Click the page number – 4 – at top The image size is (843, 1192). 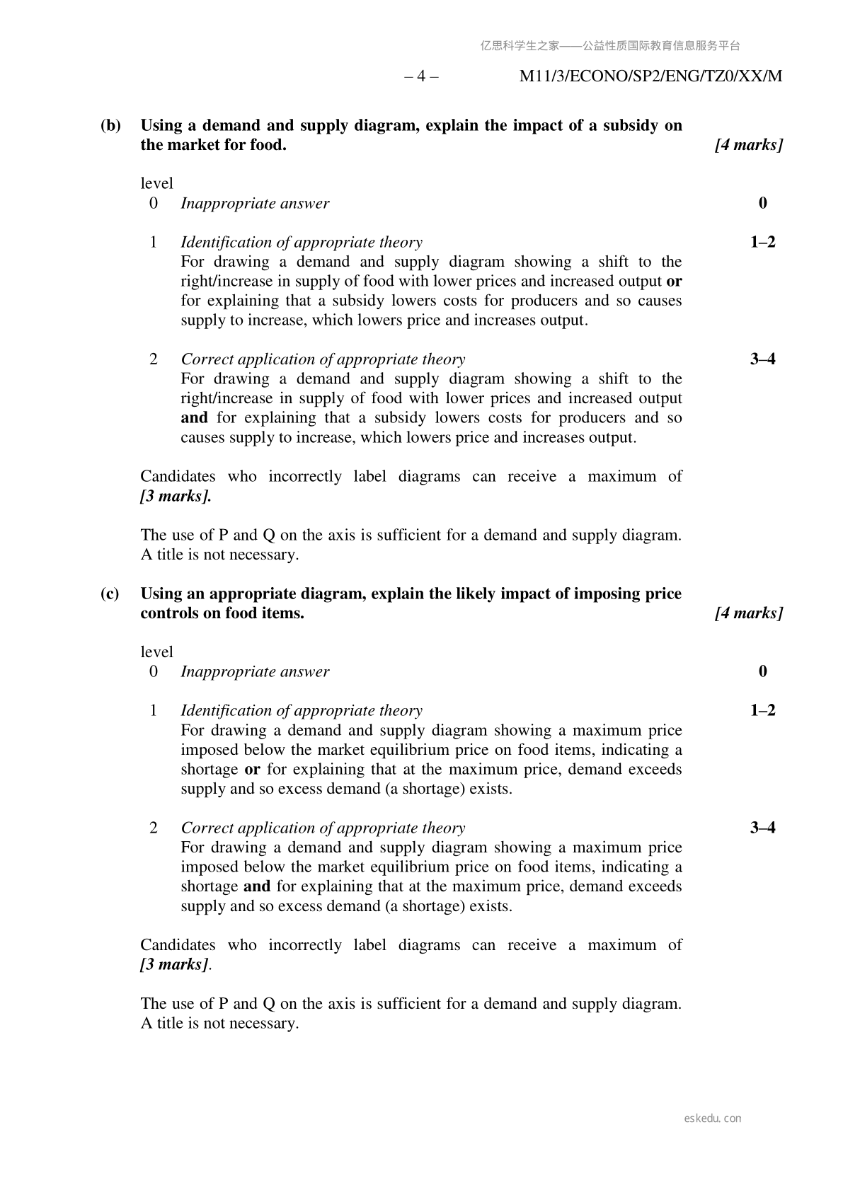pyautogui.click(x=421, y=76)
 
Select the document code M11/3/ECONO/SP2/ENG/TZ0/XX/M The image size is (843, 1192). pyautogui.click(x=650, y=76)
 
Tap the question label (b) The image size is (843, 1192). pyautogui.click(x=110, y=126)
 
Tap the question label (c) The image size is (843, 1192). pyautogui.click(x=110, y=594)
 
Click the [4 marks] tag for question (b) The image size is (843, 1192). pyautogui.click(x=749, y=145)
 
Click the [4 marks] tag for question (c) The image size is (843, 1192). pyautogui.click(x=749, y=613)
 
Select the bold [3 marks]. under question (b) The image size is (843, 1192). pyautogui.click(x=176, y=496)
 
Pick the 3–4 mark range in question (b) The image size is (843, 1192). pyautogui.click(x=762, y=359)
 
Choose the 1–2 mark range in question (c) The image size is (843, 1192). pyautogui.click(x=762, y=710)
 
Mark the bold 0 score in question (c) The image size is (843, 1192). pyautogui.click(x=762, y=671)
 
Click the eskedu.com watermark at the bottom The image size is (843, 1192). pyautogui.click(x=713, y=1118)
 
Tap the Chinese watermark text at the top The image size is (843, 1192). pyautogui.click(x=610, y=46)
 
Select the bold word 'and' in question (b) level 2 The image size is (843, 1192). pyautogui.click(x=194, y=418)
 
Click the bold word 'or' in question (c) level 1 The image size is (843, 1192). pyautogui.click(x=251, y=770)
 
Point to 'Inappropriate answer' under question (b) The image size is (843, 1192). pyautogui.click(x=255, y=204)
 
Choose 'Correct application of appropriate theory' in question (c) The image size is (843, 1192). pyautogui.click(x=323, y=828)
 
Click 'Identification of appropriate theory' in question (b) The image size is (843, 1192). pyautogui.click(x=302, y=243)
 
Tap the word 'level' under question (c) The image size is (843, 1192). pyautogui.click(x=156, y=652)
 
